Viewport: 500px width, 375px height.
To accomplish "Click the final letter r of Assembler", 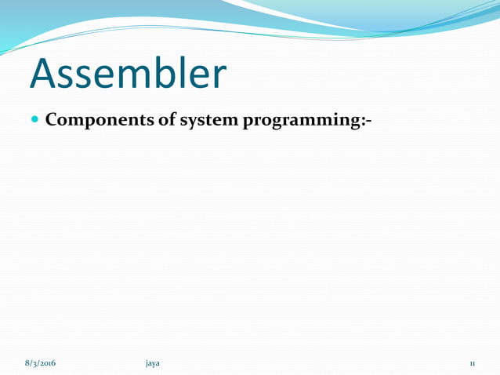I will tap(219, 76).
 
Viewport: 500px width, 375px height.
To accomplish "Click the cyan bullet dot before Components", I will tap(34, 122).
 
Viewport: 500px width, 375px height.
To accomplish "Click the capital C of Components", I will tap(52, 122).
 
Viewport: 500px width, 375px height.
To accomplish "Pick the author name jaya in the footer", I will tap(153, 364).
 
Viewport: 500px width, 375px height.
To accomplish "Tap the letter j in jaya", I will tap(147, 364).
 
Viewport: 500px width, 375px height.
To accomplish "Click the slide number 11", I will tap(473, 364).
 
